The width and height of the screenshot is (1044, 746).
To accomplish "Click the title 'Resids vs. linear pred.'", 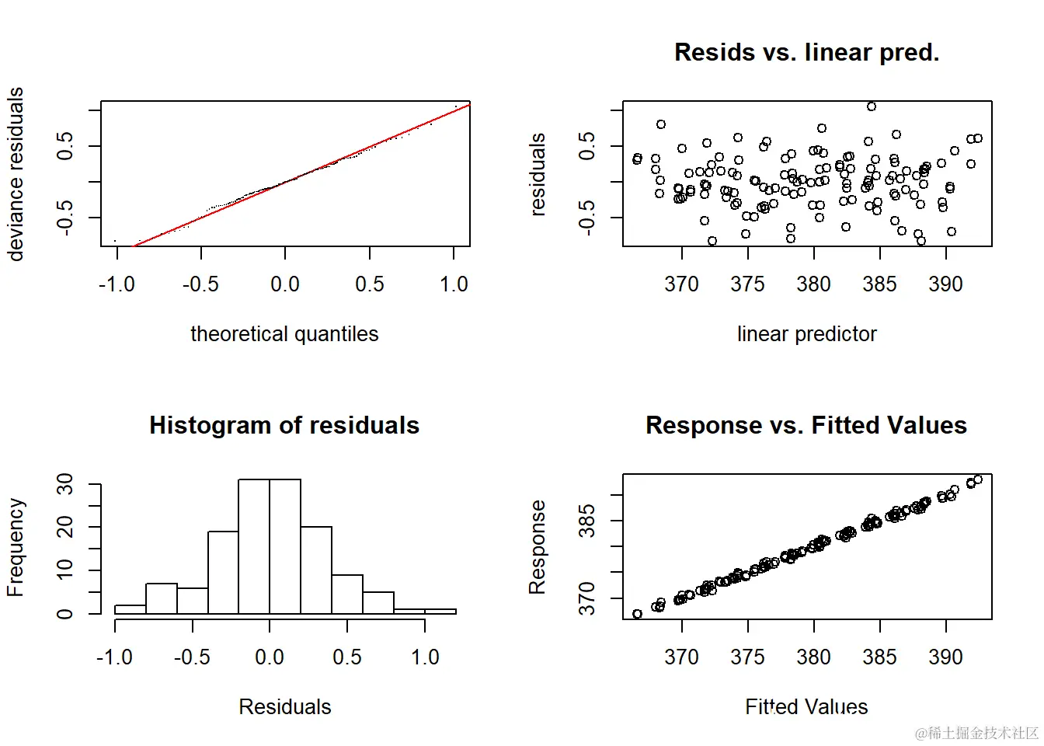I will click(806, 52).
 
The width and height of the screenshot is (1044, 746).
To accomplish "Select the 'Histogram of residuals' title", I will click(284, 425).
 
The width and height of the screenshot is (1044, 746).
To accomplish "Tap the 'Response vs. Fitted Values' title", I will click(806, 425).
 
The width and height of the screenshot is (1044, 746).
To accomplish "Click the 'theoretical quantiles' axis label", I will click(284, 334).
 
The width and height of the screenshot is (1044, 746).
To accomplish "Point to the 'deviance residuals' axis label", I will click(16, 173).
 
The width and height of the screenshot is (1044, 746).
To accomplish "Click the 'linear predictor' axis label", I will click(806, 334).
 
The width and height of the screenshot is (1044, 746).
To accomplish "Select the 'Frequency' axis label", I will click(16, 547).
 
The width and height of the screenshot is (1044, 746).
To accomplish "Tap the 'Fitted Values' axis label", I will click(806, 706).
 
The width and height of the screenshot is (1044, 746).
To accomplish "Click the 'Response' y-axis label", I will click(538, 547).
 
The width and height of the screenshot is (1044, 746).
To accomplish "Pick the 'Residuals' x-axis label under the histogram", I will click(284, 706).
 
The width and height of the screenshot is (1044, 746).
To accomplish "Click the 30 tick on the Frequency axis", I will click(65, 484).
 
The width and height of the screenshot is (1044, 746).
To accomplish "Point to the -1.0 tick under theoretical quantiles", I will click(117, 284).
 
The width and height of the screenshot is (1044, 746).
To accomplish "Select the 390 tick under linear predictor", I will click(945, 284).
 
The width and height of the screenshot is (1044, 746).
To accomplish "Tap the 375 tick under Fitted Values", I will click(747, 657).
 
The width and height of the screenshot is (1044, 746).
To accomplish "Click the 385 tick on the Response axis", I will click(587, 520).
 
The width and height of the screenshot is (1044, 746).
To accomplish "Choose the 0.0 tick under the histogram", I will click(270, 657).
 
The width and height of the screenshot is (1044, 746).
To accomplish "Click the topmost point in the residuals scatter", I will click(872, 106).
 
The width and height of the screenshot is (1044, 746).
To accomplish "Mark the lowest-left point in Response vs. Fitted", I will click(638, 614).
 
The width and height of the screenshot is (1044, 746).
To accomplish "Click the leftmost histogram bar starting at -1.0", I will click(130, 610).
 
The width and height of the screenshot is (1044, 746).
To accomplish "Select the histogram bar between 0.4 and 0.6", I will click(347, 594).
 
